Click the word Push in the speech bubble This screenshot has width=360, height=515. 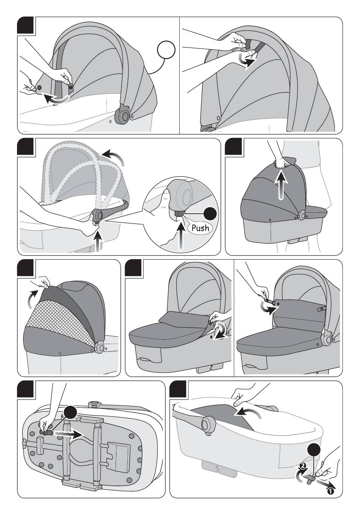point(200,228)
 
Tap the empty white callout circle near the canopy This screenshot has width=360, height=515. point(166,50)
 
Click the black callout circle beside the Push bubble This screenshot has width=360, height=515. point(210,214)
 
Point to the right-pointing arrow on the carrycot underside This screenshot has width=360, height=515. point(69,434)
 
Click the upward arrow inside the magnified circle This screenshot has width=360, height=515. point(182,235)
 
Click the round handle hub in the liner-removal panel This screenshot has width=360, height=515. point(208,423)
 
